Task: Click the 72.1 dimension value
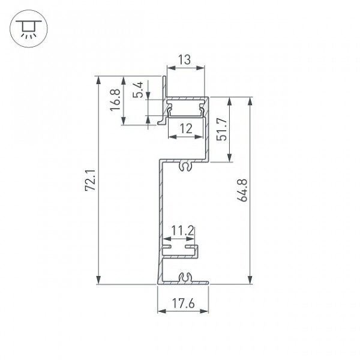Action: tap(90, 180)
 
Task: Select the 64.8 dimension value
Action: tap(242, 190)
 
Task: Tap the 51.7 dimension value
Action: tap(222, 129)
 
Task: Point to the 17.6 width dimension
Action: tap(183, 303)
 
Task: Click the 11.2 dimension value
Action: tap(183, 231)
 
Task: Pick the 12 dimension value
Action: tap(186, 128)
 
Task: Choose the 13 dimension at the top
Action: tap(184, 59)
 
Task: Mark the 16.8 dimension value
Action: tap(115, 100)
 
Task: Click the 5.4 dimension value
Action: tap(138, 90)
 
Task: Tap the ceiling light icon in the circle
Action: tap(29, 28)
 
